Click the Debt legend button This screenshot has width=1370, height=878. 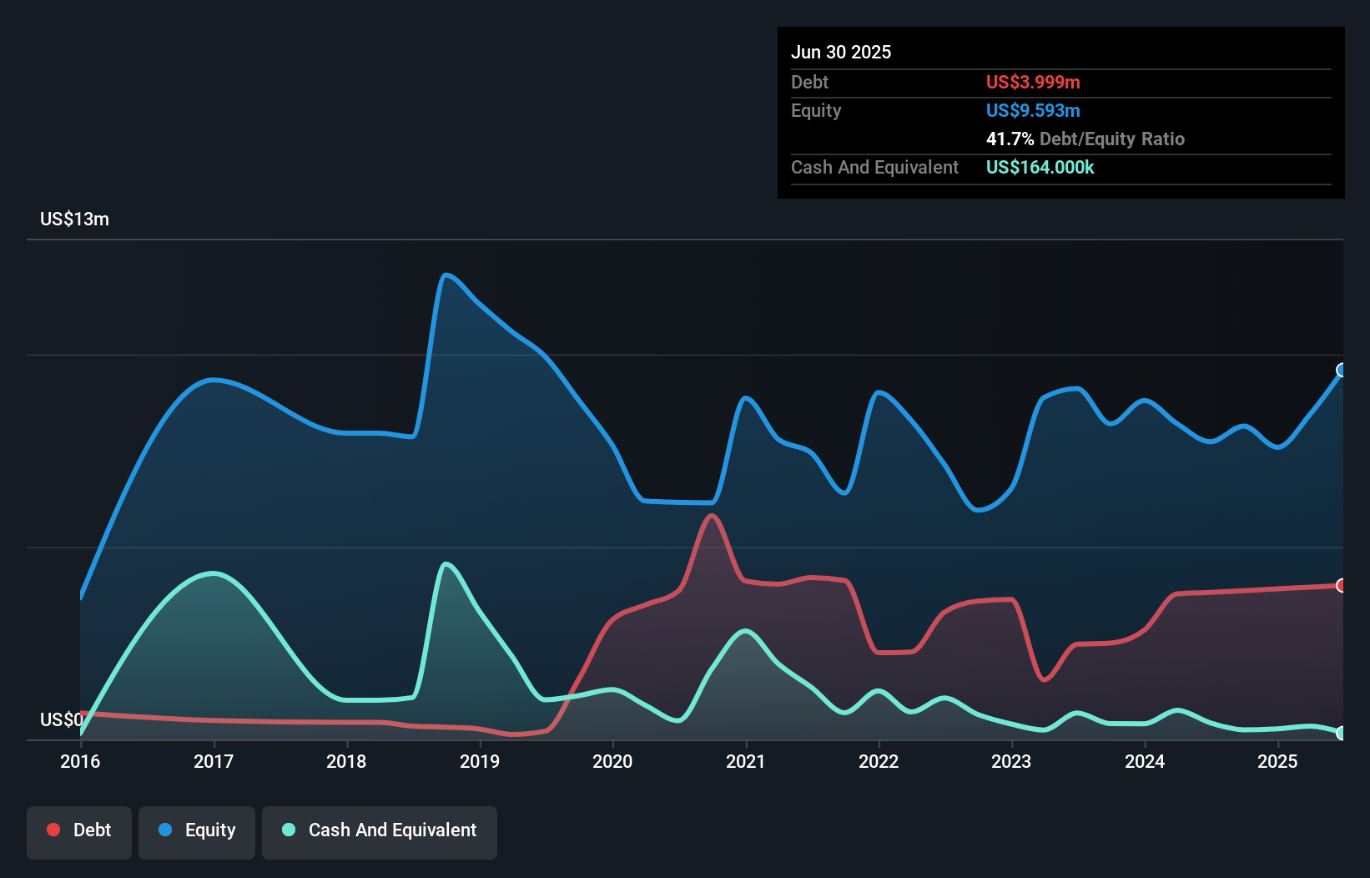click(79, 831)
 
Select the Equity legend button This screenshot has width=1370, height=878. click(197, 831)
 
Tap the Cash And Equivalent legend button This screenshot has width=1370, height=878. click(380, 831)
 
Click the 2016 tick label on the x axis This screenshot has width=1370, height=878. click(80, 761)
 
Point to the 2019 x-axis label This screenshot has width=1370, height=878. click(480, 761)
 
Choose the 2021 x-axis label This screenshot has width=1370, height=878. click(746, 761)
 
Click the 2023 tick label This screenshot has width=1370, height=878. click(1011, 761)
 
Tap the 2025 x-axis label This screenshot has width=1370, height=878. click(1277, 761)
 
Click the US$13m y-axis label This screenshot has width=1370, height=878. click(74, 219)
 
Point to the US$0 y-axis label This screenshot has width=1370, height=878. click(61, 719)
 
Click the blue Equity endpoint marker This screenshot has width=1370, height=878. click(1342, 370)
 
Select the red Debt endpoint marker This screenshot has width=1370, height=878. click(1342, 585)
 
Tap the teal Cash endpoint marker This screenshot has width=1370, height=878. click(1342, 733)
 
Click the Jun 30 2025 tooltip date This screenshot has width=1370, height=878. click(841, 52)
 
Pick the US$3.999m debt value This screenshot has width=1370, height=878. click(1033, 82)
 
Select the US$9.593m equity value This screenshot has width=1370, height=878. click(1033, 110)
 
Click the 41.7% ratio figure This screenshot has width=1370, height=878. click(1010, 139)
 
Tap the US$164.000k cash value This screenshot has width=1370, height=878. click(1040, 167)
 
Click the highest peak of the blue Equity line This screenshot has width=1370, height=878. click(446, 275)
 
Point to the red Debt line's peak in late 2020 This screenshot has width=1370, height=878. click(712, 515)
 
